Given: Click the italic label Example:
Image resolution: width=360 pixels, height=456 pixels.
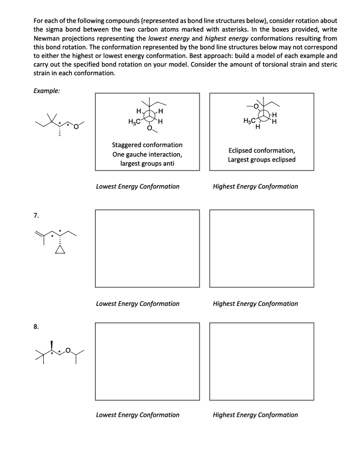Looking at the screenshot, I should pos(47,90).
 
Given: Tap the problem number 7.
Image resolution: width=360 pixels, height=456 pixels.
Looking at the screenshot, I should pos(36,216).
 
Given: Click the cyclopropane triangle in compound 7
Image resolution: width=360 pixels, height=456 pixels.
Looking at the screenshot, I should pos(60,250).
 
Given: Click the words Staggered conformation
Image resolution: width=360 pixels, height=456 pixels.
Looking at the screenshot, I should pos(147,145).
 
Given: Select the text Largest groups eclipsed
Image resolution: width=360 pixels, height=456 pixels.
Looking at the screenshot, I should pos(262,159).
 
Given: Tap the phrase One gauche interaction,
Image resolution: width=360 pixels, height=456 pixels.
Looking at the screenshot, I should pos(147,154).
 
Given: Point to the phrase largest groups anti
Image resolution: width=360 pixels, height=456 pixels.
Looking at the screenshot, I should pos(147,163).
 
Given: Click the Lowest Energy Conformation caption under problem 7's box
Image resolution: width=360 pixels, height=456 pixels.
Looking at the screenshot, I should pos(138,304).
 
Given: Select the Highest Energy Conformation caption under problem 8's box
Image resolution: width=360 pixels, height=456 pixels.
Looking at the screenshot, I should pos(255,415).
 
